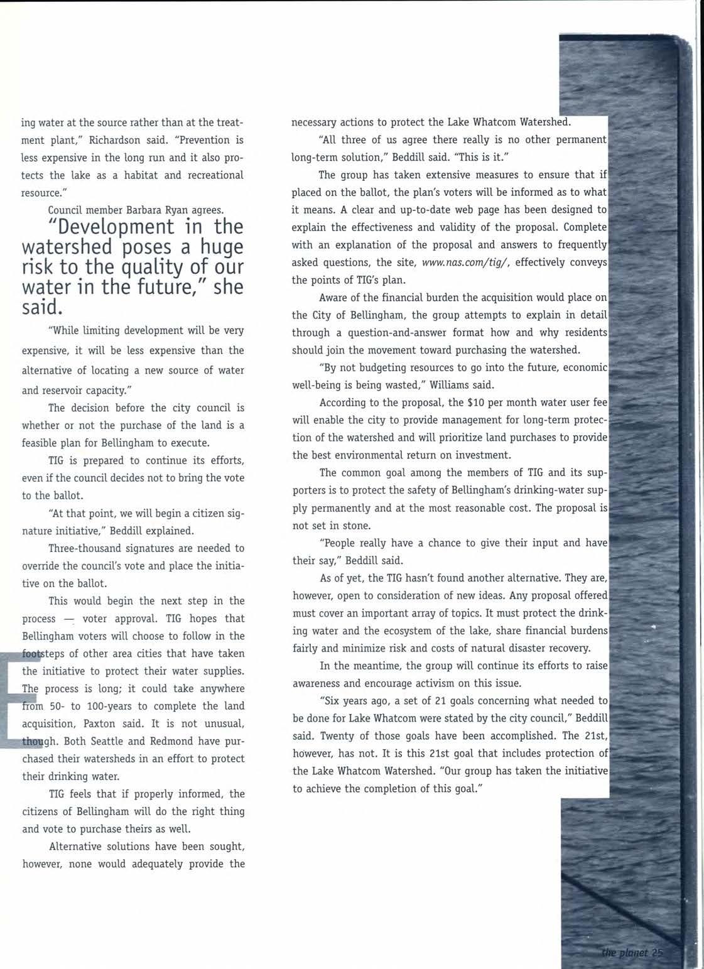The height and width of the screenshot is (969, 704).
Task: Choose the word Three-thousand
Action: click(81, 548)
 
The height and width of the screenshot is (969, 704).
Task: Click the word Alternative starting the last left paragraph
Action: click(78, 846)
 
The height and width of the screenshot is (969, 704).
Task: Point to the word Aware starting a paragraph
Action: click(332, 297)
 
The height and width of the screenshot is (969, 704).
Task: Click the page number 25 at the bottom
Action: click(657, 953)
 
